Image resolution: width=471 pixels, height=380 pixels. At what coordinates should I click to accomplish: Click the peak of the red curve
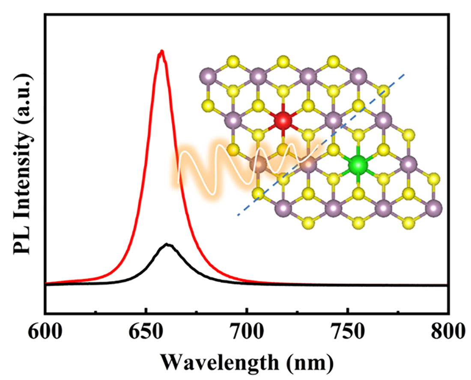coord(161,52)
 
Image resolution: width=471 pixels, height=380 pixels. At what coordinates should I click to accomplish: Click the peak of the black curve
coord(168,245)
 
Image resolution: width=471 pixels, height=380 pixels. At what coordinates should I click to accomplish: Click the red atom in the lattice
coord(282,121)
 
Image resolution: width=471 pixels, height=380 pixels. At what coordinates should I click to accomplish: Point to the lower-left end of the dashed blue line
coord(238,215)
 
